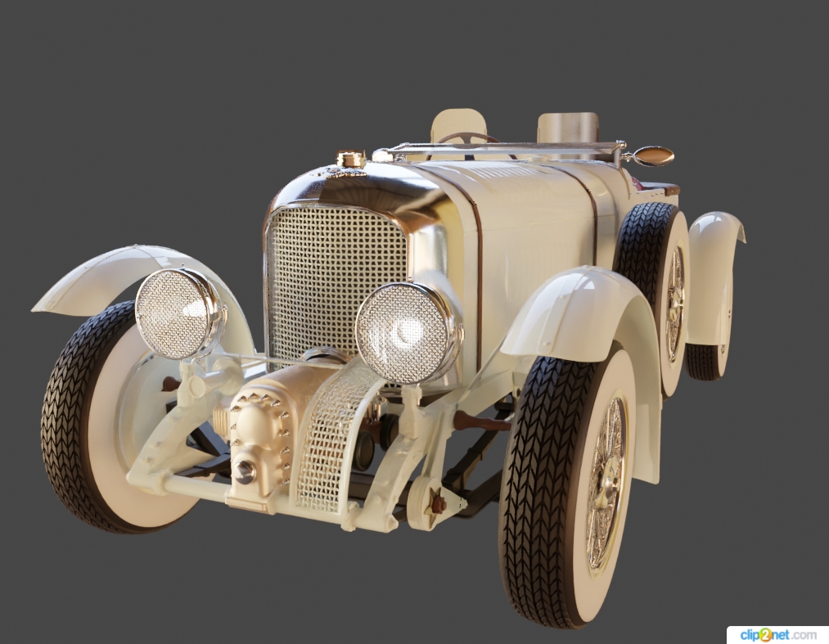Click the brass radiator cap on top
pos(351,159)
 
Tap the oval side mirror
pos(653,156)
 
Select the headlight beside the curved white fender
pos(179,313)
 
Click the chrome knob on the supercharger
pos(244,472)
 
